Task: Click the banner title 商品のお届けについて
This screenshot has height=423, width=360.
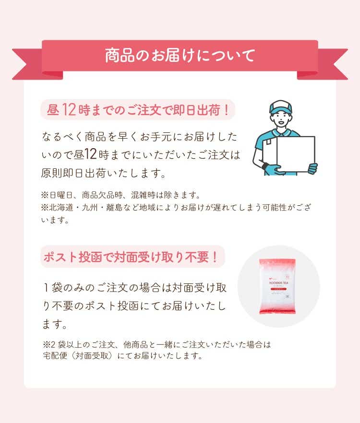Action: pos(180,55)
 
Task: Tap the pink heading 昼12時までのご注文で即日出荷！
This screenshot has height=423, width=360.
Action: pos(138,110)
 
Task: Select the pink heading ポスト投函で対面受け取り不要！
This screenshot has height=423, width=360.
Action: pos(131,257)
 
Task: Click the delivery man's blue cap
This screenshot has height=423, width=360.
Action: pos(281,107)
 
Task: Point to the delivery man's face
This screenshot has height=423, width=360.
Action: pos(281,119)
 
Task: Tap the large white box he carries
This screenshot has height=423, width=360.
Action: pos(296,154)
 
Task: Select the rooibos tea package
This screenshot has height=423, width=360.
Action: pos(277,286)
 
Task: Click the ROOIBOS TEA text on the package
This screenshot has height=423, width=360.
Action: pos(278,283)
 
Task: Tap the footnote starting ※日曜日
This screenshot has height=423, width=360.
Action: pos(121,195)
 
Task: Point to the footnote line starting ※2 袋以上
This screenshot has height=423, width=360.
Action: pos(157,344)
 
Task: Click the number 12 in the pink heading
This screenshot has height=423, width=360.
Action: pos(69,110)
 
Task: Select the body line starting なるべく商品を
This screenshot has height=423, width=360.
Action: pos(140,137)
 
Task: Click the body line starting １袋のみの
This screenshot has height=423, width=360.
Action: pos(134,288)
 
